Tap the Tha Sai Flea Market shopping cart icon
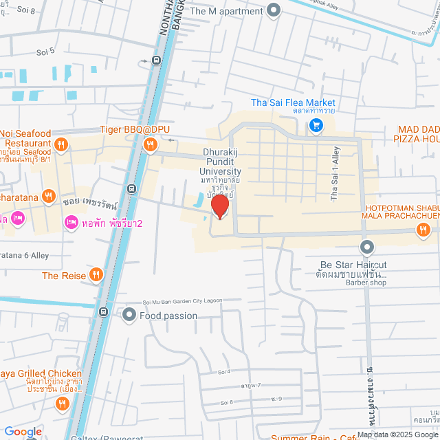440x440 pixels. [x=316, y=124]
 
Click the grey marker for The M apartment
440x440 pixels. [x=274, y=10]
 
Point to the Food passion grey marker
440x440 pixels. [x=129, y=316]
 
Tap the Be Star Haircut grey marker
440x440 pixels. [x=367, y=247]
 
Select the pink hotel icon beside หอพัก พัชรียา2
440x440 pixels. [x=70, y=222]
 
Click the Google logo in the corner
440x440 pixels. [x=23, y=432]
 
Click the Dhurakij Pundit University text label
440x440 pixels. [x=221, y=162]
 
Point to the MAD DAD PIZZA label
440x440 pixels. [x=417, y=134]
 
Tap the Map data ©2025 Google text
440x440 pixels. [x=397, y=434]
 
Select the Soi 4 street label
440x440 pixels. [x=223, y=371]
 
